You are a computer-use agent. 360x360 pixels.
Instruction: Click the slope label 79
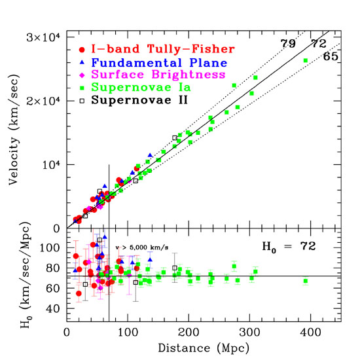pos(288,43)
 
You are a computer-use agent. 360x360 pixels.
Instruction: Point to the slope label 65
pos(331,56)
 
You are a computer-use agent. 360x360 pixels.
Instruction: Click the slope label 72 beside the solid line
pos(319,43)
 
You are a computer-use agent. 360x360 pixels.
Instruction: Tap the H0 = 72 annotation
pos(289,247)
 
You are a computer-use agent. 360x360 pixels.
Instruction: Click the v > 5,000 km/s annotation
pos(141,247)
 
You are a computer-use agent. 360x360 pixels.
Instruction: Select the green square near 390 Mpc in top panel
pos(306,60)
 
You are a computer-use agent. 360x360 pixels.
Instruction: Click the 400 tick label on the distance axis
pos(310,333)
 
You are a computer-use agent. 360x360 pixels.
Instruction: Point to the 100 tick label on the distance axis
pos(128,333)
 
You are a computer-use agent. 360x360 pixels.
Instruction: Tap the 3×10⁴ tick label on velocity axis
pos(43,38)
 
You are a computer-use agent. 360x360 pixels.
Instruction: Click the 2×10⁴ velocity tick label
pos(43,101)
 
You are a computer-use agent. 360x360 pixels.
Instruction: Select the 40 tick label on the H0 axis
pos(53,308)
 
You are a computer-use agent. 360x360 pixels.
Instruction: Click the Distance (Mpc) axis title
pos(204,348)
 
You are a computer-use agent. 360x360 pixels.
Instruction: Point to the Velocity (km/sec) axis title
pos(14,130)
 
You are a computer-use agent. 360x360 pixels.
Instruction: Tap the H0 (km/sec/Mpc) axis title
pos(26,275)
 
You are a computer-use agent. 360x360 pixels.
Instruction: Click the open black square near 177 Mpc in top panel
pos(175,138)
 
